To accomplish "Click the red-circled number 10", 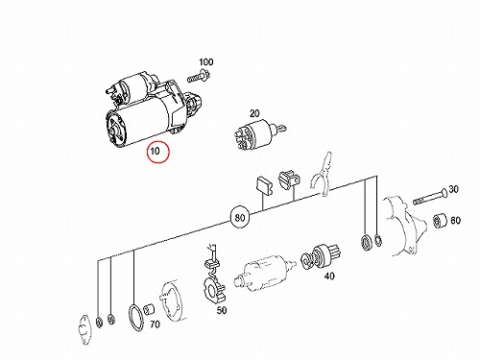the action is coord(155,151).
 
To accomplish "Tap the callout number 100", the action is coord(206,61).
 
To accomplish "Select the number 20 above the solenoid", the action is coord(254,113).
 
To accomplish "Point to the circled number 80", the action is coord(240,218).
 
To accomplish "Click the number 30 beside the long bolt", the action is coord(453,189).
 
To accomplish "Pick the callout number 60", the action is coord(455,221).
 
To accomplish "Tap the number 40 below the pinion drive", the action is coord(329,276).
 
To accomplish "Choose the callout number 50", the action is coord(222,310).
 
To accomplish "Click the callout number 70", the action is coord(155,324).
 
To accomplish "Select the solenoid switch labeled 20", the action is coord(259,133).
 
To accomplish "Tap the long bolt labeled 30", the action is coord(429,197).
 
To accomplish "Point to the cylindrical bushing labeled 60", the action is coord(440,222).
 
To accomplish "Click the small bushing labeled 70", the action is coord(149,309).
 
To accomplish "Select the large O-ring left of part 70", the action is coord(129,318).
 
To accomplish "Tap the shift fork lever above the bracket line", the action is coord(322,175).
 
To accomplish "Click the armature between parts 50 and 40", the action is coord(264,273).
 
